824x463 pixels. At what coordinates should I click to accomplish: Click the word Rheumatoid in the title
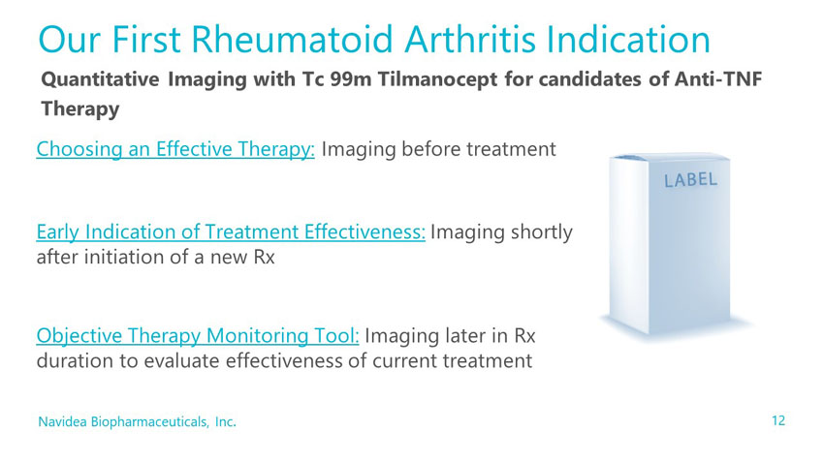point(292,40)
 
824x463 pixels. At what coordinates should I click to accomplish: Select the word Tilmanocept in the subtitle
point(437,79)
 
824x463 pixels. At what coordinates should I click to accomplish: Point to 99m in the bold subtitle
point(351,79)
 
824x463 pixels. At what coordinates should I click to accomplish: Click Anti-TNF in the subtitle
point(717,78)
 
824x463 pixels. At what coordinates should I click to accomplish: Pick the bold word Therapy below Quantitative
point(80,109)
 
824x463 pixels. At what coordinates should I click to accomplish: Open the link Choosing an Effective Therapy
point(175,149)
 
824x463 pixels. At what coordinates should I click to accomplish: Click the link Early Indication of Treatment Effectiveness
point(231,231)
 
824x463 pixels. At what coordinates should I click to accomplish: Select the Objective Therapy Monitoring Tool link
point(198,335)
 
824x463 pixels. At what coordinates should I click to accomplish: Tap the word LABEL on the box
point(690,180)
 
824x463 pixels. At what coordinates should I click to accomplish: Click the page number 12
point(778,420)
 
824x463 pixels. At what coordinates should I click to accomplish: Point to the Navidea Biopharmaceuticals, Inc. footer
point(137,421)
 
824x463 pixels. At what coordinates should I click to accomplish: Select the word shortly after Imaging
point(542,232)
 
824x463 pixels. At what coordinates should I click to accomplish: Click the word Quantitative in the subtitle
point(101,79)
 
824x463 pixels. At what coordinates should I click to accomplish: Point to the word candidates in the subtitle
point(590,79)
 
